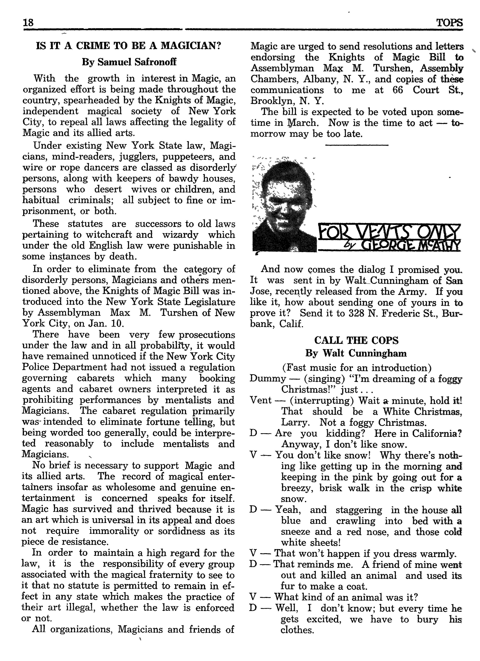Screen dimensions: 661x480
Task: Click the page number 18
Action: coord(28,23)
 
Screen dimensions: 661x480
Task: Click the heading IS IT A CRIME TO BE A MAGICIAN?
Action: coord(128,46)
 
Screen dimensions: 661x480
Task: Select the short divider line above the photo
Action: coord(356,145)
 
